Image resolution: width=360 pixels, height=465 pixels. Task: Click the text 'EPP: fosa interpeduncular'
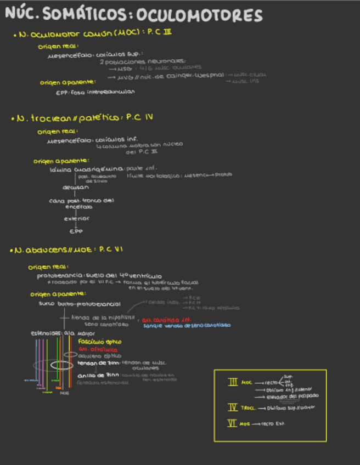pos(95,92)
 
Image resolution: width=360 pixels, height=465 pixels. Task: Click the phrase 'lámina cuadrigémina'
pos(86,169)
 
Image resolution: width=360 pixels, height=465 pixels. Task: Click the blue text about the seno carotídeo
pos(187,326)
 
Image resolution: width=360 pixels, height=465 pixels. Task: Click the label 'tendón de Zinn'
pos(98,363)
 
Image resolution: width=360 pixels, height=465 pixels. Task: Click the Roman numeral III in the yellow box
pos(233,382)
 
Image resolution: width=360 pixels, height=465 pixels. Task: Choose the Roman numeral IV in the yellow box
pos(233,407)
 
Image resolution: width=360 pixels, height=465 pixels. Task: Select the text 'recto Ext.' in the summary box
pos(273,423)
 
